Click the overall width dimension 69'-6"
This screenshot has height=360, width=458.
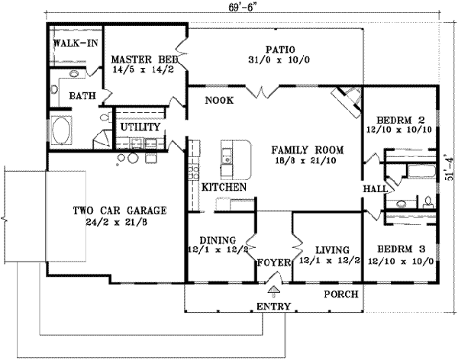coord(240,8)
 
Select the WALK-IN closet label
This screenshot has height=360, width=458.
coord(76,43)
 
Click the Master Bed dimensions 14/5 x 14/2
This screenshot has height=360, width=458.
coord(143,69)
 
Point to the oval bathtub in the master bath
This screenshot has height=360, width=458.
coord(61,131)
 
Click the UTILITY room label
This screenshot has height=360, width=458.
coord(140,127)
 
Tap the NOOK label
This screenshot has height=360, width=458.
coord(219,101)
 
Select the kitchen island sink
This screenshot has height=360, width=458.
coord(226,156)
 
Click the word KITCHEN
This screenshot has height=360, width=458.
coord(224,187)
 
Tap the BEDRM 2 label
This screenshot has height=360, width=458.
coord(400,120)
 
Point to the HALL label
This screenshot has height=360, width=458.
coord(375,188)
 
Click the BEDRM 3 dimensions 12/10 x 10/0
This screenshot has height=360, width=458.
coord(401,261)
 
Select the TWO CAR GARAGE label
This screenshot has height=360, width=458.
coord(120,211)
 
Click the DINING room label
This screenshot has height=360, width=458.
coord(218,240)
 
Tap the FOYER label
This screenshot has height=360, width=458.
coord(274,263)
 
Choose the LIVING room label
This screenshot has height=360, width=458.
coord(332,250)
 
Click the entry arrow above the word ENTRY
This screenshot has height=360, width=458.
coord(274,289)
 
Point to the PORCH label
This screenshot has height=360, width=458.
coord(341,294)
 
